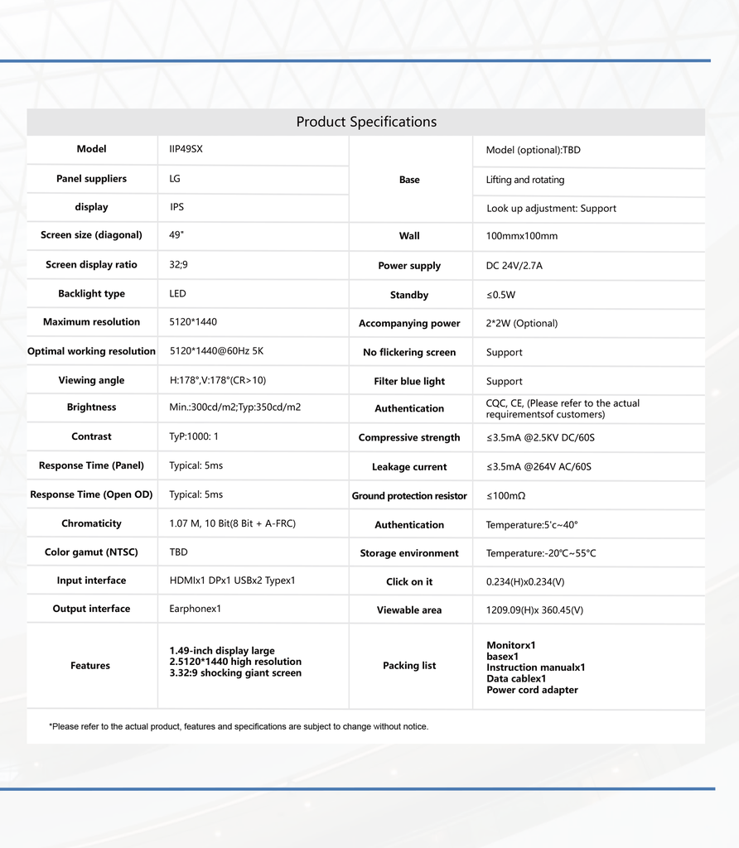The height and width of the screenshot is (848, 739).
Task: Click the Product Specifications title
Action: [x=366, y=122]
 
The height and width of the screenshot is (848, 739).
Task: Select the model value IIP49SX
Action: [x=186, y=150]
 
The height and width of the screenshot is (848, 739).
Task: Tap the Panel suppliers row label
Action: [x=91, y=179]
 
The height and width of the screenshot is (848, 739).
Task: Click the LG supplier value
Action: [x=175, y=179]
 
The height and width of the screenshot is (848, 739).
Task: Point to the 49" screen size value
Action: [x=176, y=235]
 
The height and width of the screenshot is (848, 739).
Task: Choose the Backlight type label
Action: [x=91, y=294]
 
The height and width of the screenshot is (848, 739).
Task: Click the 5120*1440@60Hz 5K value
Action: [x=216, y=351]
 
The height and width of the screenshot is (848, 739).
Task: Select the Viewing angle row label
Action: [x=91, y=381]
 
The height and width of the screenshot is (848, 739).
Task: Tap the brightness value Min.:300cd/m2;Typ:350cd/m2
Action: [x=235, y=407]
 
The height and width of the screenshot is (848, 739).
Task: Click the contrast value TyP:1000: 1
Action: [x=194, y=436]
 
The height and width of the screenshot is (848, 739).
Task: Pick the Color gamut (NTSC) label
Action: [x=91, y=552]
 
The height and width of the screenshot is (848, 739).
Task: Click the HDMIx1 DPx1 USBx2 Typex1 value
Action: [x=232, y=581]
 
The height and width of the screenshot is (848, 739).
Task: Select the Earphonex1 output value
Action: [x=195, y=609]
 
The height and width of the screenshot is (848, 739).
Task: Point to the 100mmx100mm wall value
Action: [x=522, y=236]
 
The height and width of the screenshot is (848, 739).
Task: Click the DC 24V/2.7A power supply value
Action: [x=514, y=266]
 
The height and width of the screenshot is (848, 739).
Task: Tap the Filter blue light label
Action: [x=409, y=382]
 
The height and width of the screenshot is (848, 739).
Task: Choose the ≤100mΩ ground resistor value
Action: [x=506, y=496]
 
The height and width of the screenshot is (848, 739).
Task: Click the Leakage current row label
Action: [x=409, y=467]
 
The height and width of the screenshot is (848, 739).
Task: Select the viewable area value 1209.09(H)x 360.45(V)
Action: [x=534, y=610]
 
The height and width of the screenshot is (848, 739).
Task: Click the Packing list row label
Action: [x=409, y=666]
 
